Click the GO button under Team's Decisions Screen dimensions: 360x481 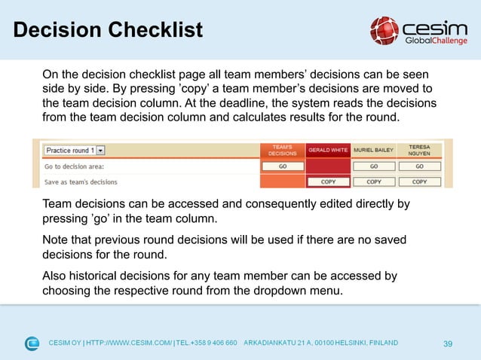(x=282, y=166)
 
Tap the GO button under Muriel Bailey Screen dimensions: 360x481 (x=373, y=166)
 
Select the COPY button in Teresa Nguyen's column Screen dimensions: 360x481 (x=419, y=182)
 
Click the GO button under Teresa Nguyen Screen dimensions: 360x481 (x=419, y=166)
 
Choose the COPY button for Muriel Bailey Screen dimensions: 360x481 (x=373, y=182)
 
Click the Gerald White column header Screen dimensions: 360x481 (x=328, y=150)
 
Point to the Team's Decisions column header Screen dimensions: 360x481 (x=282, y=150)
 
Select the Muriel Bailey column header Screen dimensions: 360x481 (x=373, y=150)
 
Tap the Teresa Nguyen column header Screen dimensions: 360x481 (x=420, y=149)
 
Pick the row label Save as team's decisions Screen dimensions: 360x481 (x=81, y=182)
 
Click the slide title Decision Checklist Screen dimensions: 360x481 (x=108, y=30)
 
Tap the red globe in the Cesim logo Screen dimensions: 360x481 (x=384, y=30)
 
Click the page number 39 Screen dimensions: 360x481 (x=447, y=344)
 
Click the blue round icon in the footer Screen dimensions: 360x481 (x=32, y=344)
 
